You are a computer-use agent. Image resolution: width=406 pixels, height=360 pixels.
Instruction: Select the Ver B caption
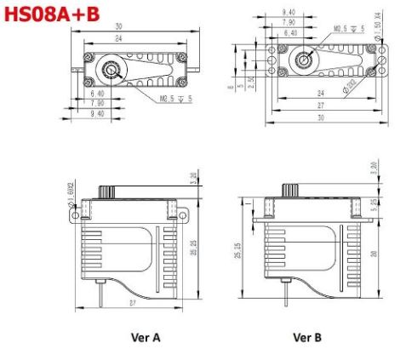pos(306,337)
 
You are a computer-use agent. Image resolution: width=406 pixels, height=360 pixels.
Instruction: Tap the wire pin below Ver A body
pos(102,293)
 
